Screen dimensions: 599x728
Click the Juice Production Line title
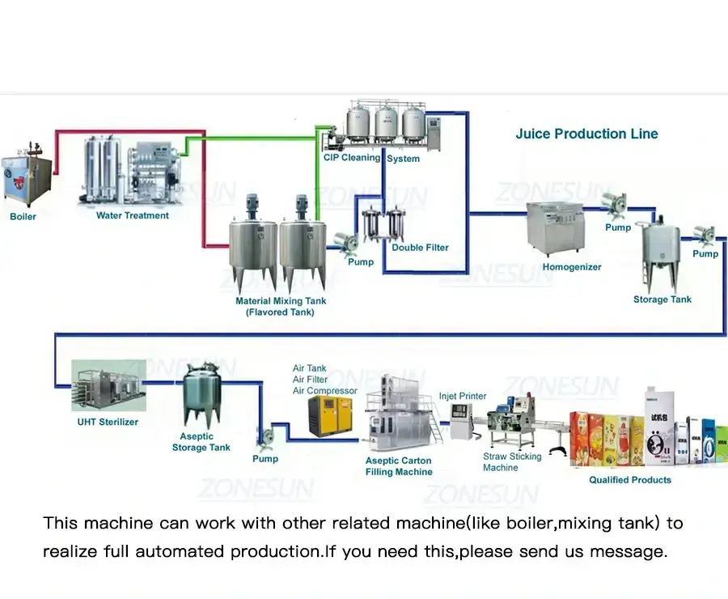point(586,134)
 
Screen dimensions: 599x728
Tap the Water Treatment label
point(133,215)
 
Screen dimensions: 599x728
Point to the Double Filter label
point(420,248)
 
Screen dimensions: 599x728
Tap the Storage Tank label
point(662,299)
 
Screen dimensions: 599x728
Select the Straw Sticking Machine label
point(512,462)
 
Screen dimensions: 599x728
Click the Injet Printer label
point(463,397)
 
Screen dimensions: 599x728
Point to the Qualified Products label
point(629,480)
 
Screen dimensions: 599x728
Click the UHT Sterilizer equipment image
point(108,386)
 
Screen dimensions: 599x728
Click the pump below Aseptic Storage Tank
point(265,437)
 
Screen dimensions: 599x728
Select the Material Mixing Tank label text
point(281,306)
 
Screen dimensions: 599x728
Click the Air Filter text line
point(310,380)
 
